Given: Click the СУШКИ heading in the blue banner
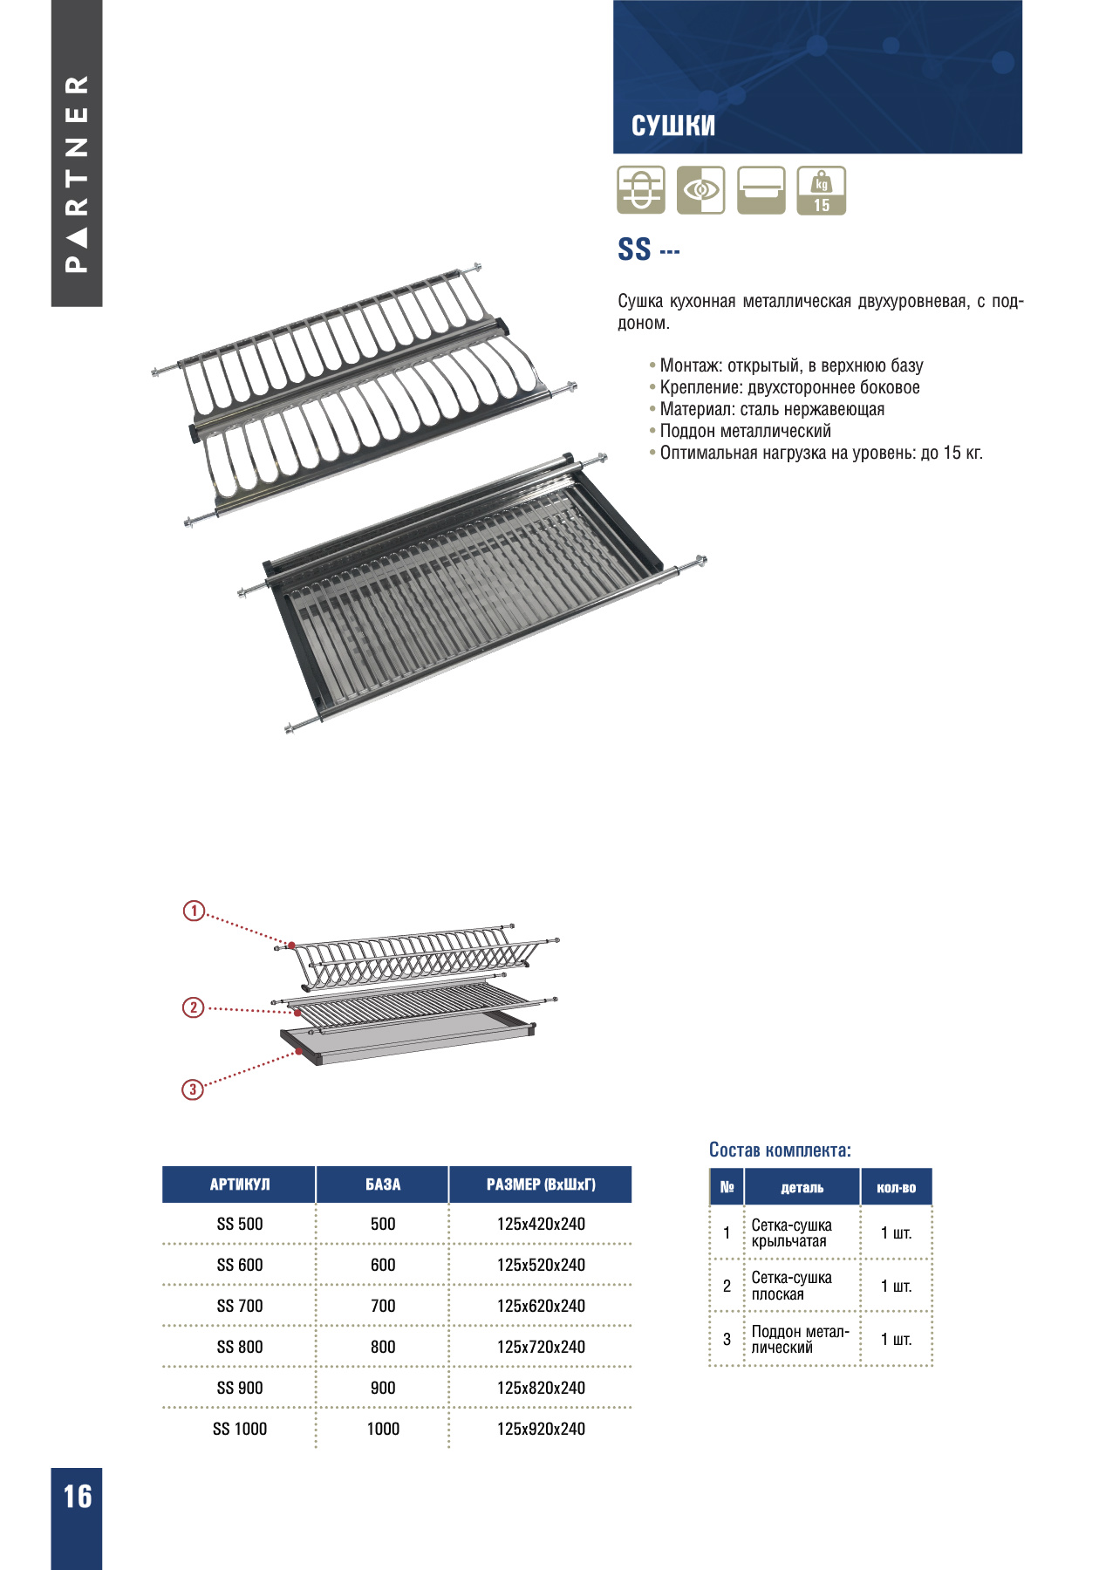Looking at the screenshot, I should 672,126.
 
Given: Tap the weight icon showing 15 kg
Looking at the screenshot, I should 821,190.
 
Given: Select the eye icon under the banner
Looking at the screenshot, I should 700,190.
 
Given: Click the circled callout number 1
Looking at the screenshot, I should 194,911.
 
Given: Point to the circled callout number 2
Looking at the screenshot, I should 193,1007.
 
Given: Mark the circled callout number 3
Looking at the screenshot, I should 192,1089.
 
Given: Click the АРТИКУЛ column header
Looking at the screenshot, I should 239,1184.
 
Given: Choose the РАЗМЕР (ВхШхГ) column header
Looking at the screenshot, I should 541,1184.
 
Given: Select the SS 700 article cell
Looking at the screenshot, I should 239,1306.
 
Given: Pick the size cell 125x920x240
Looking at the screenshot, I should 541,1429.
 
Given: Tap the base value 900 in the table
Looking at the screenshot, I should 383,1388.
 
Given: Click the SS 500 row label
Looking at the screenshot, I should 239,1224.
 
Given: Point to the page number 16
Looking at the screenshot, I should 77,1497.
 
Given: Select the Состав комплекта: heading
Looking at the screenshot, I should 780,1150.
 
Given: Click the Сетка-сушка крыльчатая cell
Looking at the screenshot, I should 791,1233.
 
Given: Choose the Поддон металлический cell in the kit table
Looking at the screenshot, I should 799,1339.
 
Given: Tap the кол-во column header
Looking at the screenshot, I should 896,1188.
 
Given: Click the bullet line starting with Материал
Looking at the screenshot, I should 772,409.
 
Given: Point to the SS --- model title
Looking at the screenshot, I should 648,249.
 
